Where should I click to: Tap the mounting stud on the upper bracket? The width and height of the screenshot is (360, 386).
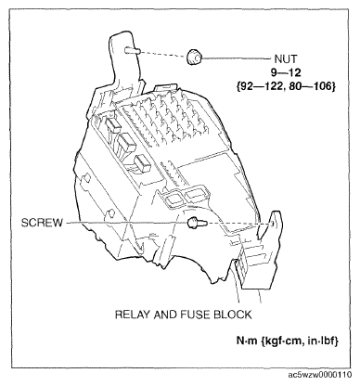click(x=135, y=51)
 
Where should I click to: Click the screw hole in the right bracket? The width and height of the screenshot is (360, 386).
click(x=274, y=221)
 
